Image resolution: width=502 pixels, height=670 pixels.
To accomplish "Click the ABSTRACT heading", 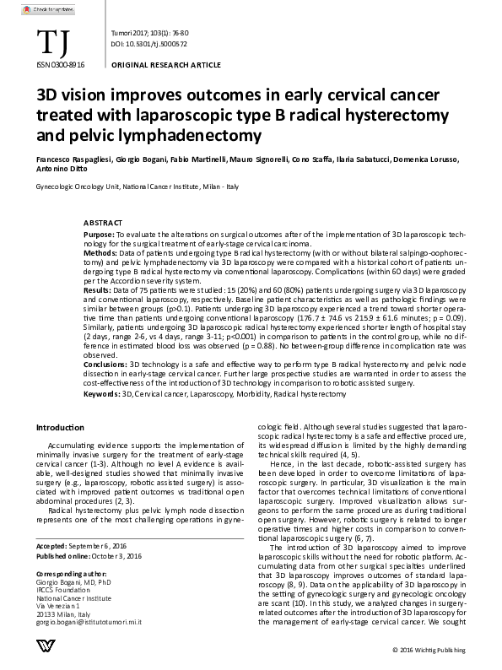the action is tap(104, 221).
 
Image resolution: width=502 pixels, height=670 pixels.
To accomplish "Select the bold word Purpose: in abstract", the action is tap(100, 231).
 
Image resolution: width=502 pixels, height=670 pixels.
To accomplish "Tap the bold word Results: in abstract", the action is tap(99, 289).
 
